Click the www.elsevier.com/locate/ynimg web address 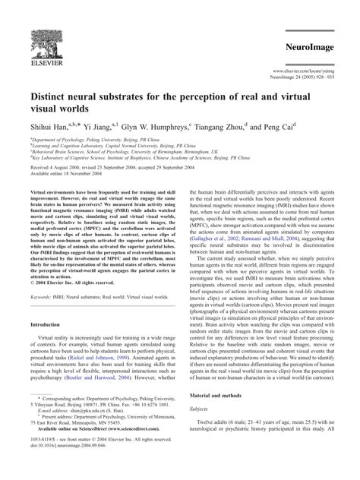[306, 70]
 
